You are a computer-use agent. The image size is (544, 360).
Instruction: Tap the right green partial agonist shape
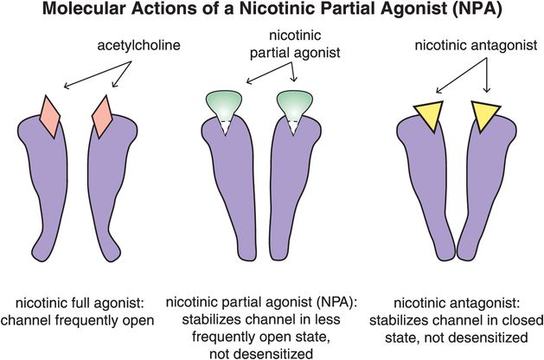click(294, 104)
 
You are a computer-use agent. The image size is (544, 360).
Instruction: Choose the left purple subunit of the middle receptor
click(227, 190)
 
